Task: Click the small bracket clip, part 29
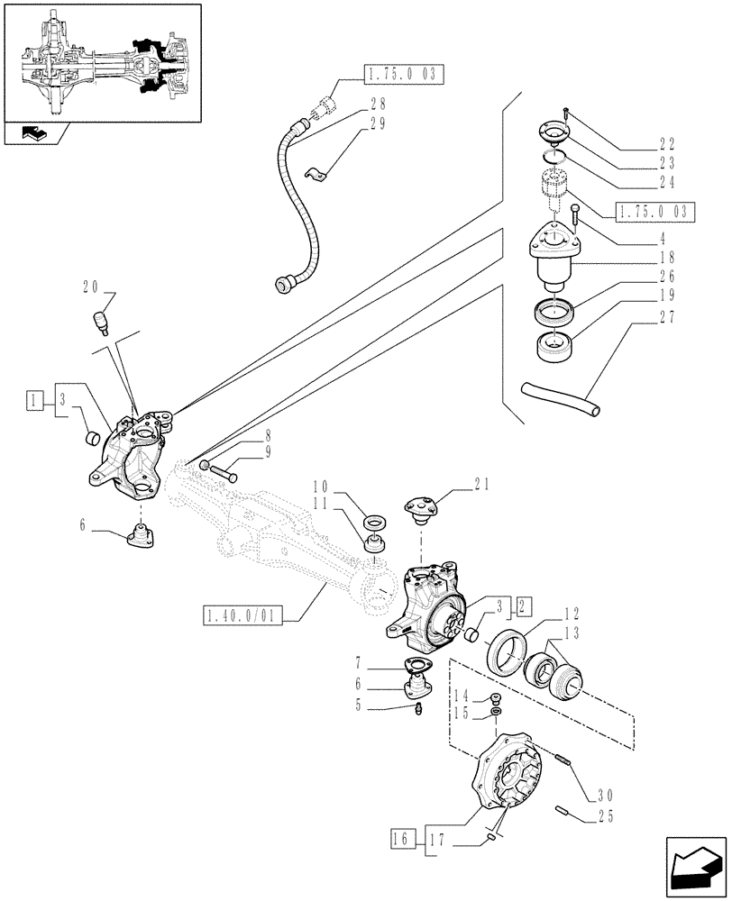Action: click(316, 172)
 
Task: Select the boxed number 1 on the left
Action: click(33, 398)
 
